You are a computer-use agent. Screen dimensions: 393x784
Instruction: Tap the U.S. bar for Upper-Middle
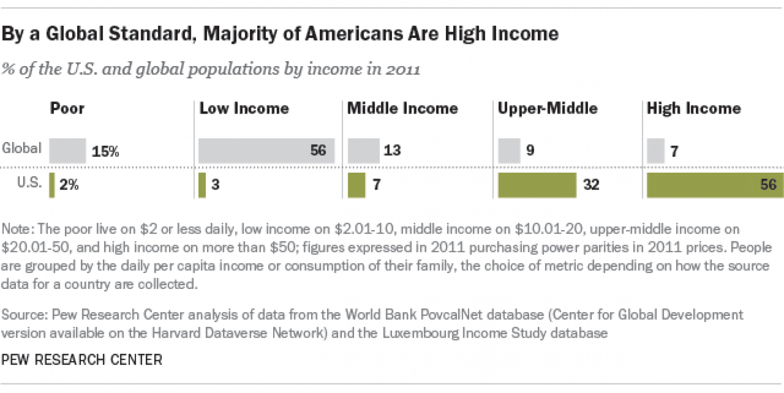[x=537, y=185]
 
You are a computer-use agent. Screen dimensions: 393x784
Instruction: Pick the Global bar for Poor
[x=68, y=151]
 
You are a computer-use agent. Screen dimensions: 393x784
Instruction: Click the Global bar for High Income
[x=656, y=151]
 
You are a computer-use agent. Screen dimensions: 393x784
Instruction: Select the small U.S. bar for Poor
[x=52, y=185]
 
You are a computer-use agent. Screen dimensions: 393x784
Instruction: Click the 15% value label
[x=106, y=151]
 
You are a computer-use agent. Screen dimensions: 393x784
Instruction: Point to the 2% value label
[x=69, y=185]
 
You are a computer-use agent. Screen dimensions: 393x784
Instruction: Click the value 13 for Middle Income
[x=391, y=151]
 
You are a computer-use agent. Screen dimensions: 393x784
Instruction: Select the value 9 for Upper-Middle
[x=530, y=151]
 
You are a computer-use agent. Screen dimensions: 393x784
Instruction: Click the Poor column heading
[x=67, y=109]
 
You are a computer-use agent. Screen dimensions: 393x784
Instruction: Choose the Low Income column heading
[x=244, y=109]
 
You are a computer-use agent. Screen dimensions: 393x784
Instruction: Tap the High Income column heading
[x=694, y=109]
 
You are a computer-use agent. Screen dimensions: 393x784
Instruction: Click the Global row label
[x=22, y=148]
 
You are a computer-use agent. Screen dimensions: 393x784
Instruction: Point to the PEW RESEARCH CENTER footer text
[x=82, y=360]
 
